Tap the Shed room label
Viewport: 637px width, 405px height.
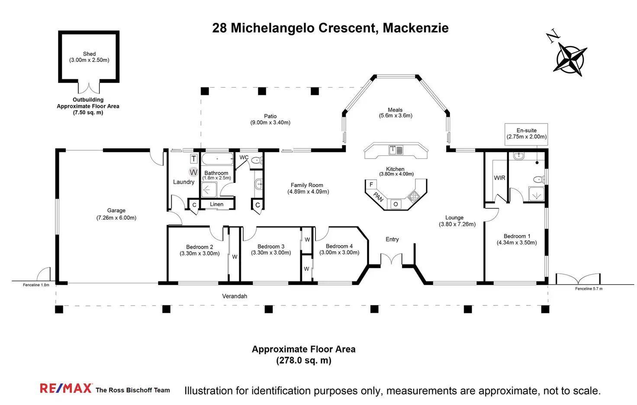tap(89, 54)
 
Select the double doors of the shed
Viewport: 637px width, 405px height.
tap(89, 88)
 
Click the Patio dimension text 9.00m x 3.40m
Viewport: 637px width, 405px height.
tap(270, 123)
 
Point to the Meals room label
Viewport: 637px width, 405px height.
tap(395, 110)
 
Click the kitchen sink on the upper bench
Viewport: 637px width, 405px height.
tap(396, 150)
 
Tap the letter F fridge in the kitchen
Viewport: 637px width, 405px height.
tap(371, 185)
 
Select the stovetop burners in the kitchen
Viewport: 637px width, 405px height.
tap(413, 196)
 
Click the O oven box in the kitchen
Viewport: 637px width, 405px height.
tap(396, 204)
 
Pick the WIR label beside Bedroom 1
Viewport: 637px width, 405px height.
tap(499, 178)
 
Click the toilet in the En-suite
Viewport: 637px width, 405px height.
tap(539, 180)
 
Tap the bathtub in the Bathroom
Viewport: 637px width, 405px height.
tap(217, 159)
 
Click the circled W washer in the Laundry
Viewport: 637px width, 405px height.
tap(193, 172)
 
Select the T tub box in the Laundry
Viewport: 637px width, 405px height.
tap(194, 159)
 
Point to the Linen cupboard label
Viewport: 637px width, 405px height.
tap(217, 204)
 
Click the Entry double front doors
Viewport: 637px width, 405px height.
tap(391, 259)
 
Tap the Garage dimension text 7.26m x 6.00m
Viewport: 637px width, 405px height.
tap(116, 218)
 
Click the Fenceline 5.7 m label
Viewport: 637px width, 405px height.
tap(589, 288)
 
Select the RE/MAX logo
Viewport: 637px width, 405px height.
tap(66, 388)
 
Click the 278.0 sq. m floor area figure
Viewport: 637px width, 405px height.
tap(304, 360)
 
